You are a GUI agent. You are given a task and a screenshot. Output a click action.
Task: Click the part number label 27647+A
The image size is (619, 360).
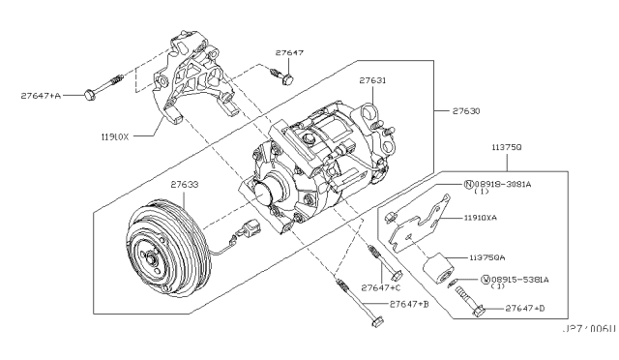pos(42,96)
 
